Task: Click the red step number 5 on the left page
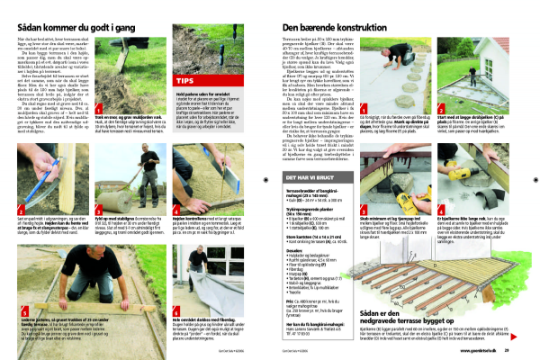click(x=20, y=267)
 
